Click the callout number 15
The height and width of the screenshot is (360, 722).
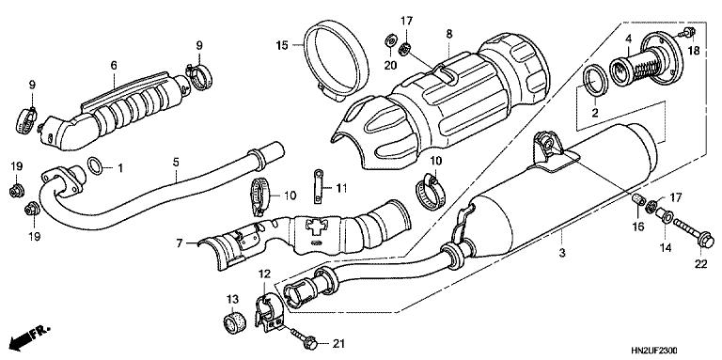pyautogui.click(x=281, y=44)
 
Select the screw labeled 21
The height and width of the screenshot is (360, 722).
pyautogui.click(x=304, y=337)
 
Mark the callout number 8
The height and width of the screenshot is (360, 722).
pyautogui.click(x=448, y=34)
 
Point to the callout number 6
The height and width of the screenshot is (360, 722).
pyautogui.click(x=113, y=65)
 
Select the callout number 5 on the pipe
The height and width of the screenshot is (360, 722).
pyautogui.click(x=175, y=161)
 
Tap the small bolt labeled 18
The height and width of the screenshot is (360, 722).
pyautogui.click(x=689, y=33)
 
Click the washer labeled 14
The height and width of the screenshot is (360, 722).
pyautogui.click(x=666, y=218)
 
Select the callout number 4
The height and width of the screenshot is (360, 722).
pyautogui.click(x=627, y=38)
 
